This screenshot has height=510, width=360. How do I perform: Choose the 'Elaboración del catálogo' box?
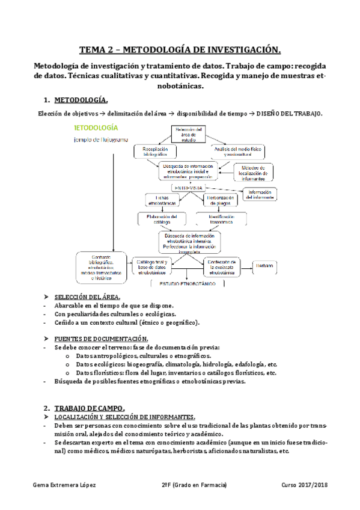158,219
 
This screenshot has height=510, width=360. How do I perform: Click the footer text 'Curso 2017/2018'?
305,485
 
